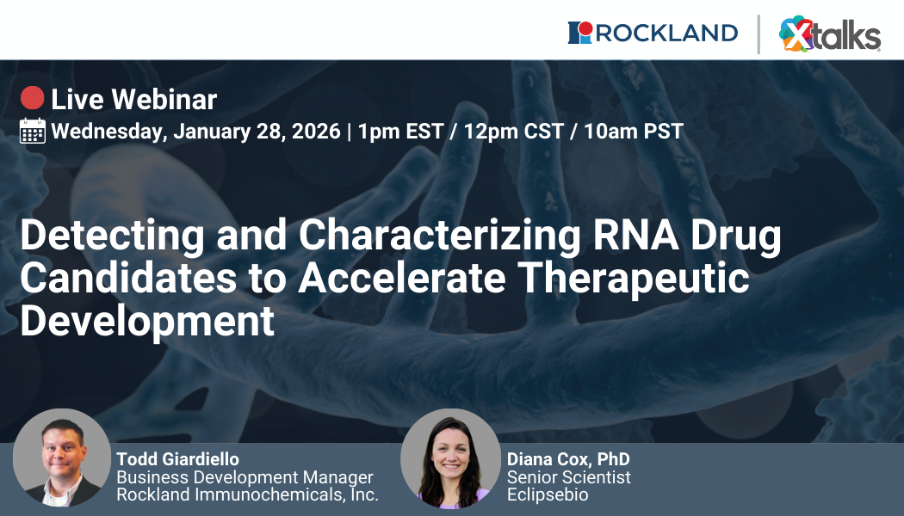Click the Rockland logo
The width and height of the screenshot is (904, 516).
[653, 33]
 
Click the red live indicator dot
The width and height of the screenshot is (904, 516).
[32, 99]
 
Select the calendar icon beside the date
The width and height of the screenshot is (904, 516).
[32, 131]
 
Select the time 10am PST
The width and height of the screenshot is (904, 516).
[634, 132]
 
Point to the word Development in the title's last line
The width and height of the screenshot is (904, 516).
[147, 321]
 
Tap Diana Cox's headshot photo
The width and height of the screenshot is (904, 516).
[449, 458]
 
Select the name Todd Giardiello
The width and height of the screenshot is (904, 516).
[177, 459]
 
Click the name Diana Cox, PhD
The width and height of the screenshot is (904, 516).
[568, 459]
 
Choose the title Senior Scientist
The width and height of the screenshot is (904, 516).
[568, 477]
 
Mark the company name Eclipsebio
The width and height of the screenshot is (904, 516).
[548, 494]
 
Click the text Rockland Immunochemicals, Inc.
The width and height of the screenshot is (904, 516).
[247, 494]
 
